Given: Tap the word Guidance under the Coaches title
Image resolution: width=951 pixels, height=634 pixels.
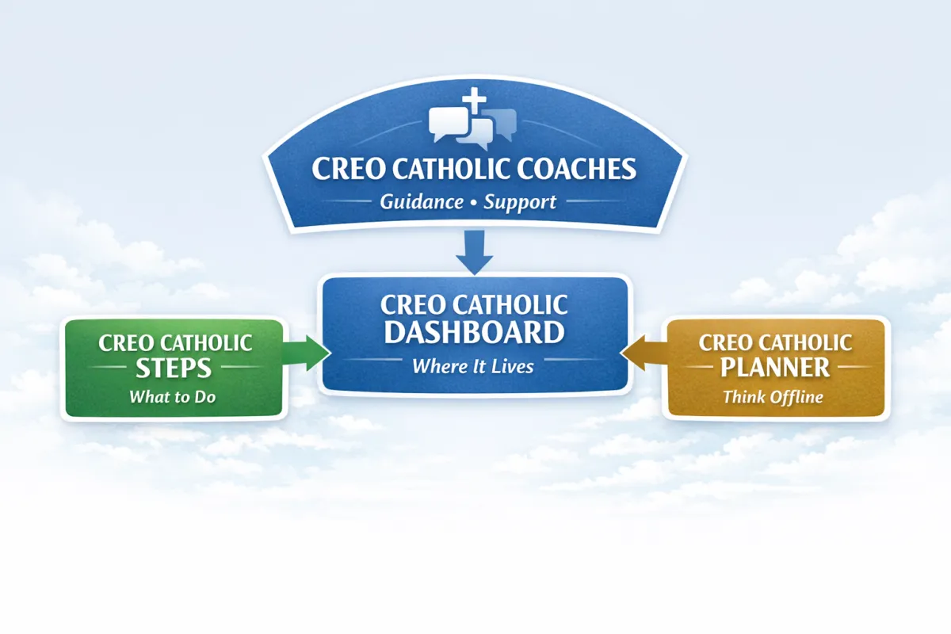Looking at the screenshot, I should [x=422, y=202].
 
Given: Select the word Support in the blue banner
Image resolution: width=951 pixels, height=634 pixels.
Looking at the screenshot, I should [x=520, y=202].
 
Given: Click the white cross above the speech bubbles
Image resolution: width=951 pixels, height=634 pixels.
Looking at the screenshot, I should [x=473, y=102].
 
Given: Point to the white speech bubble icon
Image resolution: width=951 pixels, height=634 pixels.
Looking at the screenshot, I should [x=449, y=123].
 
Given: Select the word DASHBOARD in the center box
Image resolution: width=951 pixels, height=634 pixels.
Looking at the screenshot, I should [x=475, y=332].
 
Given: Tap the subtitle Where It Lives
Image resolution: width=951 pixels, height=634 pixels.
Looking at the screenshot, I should [x=473, y=367].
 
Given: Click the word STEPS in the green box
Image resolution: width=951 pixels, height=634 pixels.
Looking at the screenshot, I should [x=173, y=369].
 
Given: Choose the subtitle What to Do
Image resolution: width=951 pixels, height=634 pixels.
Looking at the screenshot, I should [x=173, y=396].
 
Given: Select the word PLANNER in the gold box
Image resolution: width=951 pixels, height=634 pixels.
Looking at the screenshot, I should [x=776, y=368].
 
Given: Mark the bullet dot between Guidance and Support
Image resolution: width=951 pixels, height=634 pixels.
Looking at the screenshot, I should [x=474, y=203].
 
